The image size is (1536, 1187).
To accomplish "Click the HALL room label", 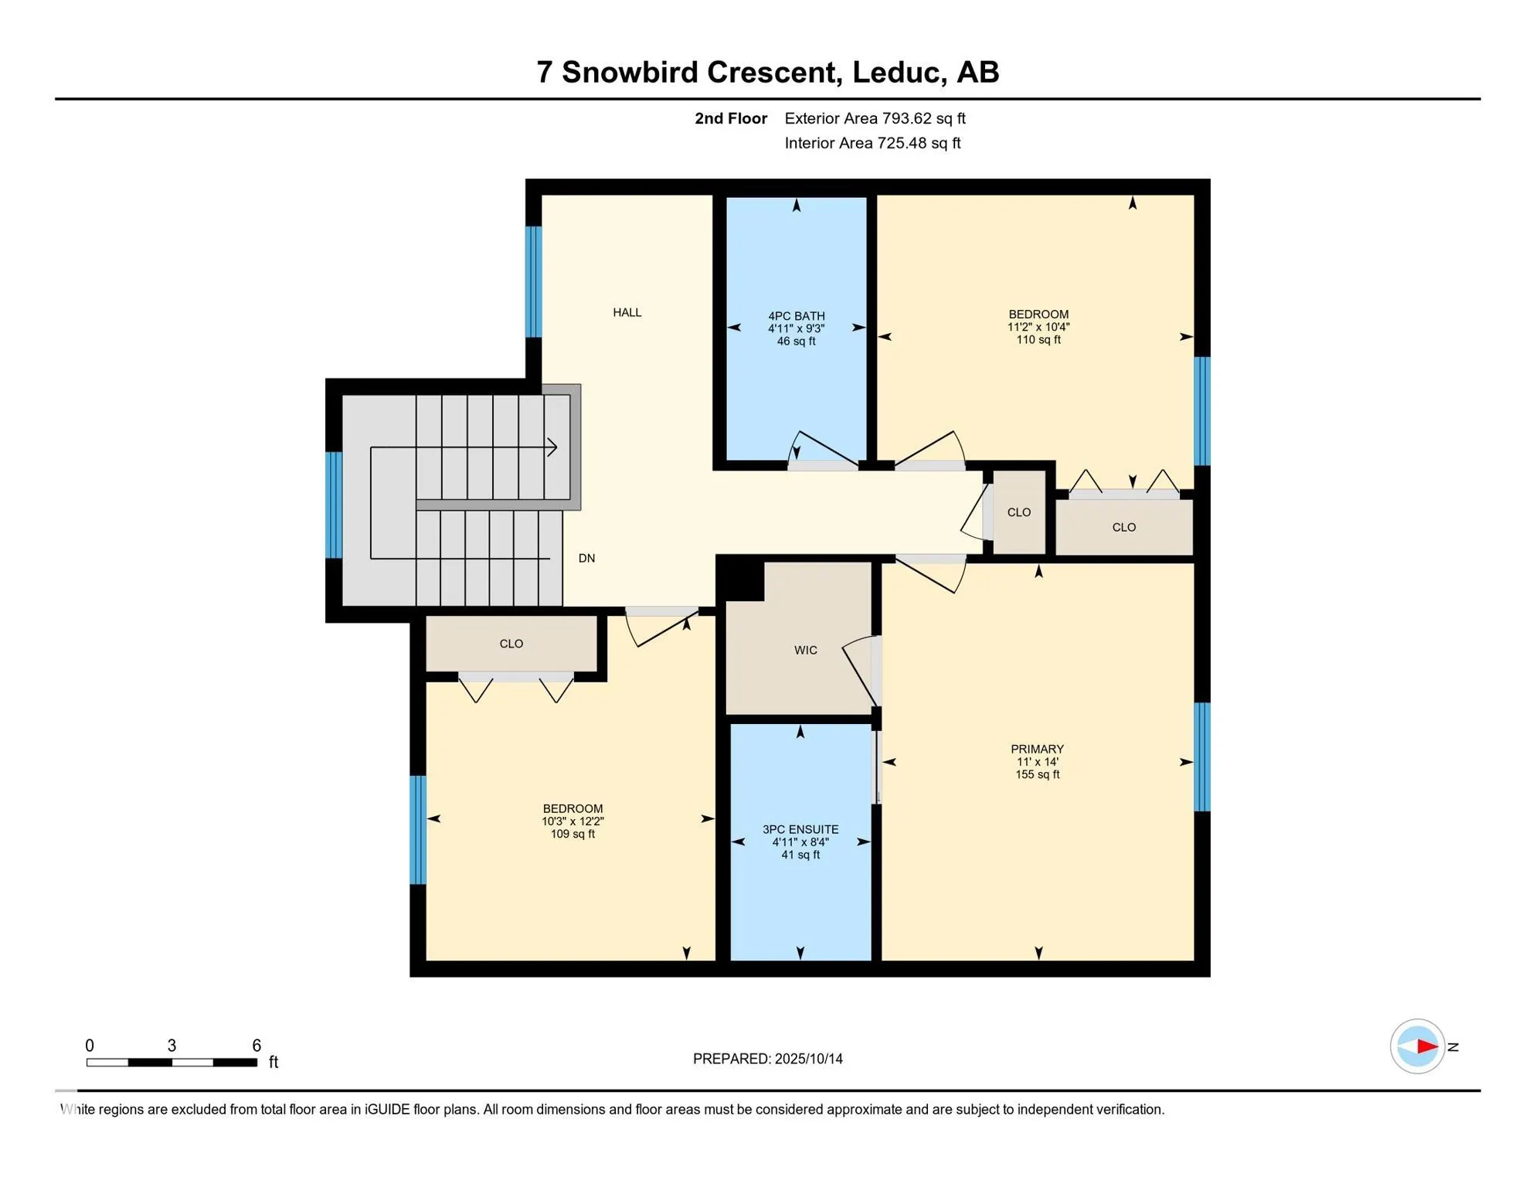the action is [627, 312].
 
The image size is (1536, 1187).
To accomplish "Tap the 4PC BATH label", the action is [796, 316].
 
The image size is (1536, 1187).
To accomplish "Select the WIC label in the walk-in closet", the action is [805, 650].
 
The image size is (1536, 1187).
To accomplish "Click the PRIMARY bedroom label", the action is [1037, 749].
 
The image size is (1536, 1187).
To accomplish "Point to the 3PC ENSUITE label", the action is [800, 829].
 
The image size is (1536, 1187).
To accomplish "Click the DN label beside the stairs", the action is [586, 558].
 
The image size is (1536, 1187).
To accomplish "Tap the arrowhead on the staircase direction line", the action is [552, 447].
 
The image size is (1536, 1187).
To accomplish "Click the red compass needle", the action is [1427, 1046].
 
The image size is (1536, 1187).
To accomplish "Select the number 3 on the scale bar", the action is [172, 1046].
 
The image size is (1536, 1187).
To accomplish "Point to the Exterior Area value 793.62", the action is [907, 118].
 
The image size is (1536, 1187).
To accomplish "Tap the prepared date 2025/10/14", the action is [808, 1059].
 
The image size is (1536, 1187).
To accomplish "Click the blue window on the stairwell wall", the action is [334, 505].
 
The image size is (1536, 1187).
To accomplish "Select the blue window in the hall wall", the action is [533, 281].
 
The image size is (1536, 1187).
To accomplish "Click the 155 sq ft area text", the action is [1037, 774].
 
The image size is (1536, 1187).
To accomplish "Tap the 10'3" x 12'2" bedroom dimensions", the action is [573, 821].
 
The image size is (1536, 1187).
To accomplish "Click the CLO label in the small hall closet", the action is [1018, 512].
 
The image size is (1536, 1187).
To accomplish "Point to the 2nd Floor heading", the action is [730, 118].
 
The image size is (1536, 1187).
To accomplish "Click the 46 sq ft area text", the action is [796, 341].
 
